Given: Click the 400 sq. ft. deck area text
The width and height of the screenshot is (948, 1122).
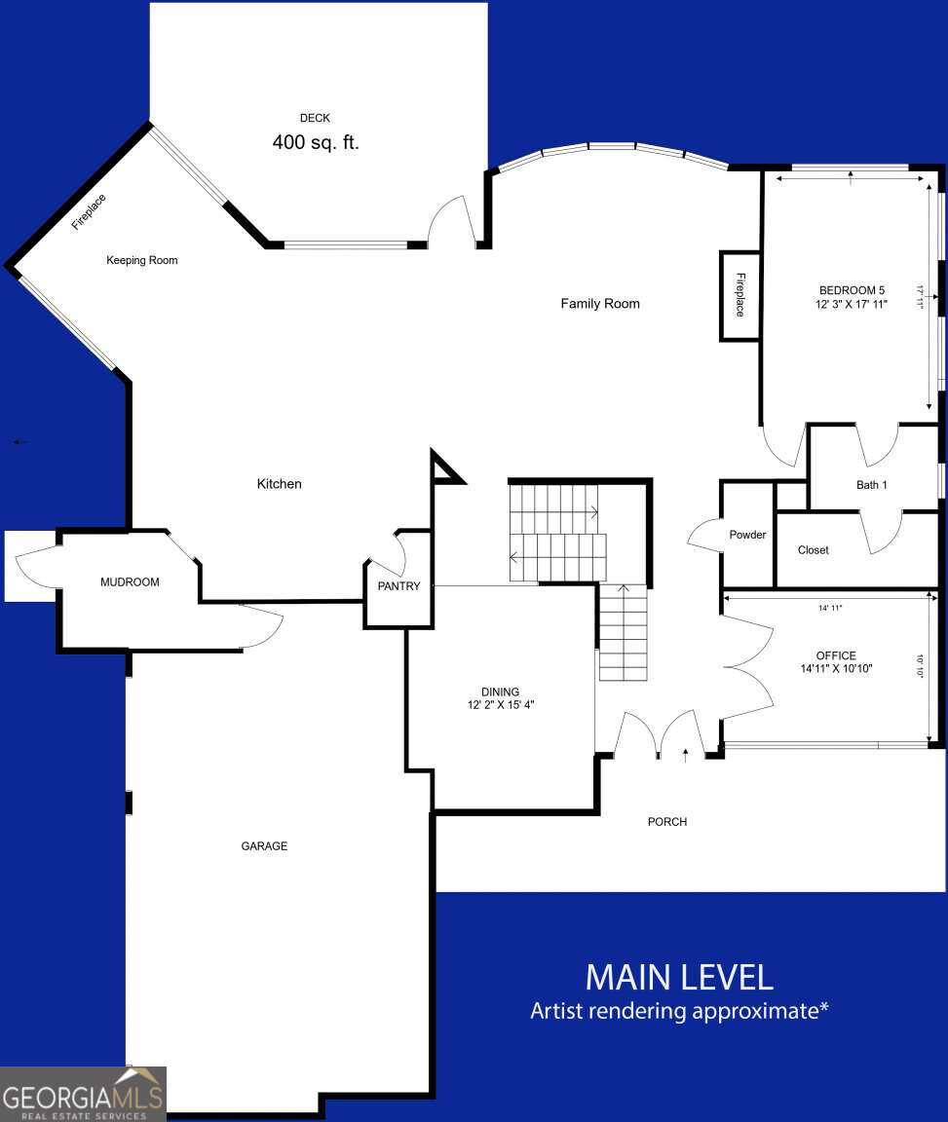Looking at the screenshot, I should (315, 142).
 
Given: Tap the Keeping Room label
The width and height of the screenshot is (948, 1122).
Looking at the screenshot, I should (142, 260).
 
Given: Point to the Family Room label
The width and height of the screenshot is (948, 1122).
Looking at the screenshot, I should (600, 304).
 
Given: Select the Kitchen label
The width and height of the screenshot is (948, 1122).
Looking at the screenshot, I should (280, 484).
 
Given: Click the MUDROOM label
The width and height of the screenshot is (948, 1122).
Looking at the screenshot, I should (130, 582).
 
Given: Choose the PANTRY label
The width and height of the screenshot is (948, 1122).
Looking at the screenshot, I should (399, 586).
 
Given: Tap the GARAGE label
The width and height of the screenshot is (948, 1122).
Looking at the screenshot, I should (264, 846).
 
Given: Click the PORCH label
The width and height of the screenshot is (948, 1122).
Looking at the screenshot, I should (667, 822).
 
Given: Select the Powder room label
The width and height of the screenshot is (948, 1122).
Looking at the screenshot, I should (747, 535).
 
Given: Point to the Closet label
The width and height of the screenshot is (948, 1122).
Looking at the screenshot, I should (814, 550).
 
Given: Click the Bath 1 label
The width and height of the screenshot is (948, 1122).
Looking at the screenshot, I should (872, 485).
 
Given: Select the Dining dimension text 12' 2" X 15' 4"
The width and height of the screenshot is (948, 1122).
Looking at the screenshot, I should (500, 705).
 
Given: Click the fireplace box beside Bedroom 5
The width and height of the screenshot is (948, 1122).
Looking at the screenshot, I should (739, 296).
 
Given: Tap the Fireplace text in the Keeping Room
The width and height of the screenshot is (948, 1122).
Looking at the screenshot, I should (89, 212).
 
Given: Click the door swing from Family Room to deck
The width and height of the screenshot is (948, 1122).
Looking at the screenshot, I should (451, 221).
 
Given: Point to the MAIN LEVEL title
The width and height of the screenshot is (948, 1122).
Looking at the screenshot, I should (679, 976).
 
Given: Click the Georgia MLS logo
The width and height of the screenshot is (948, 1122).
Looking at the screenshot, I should (83, 1094).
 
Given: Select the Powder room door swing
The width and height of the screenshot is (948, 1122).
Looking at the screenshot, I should (703, 536).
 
